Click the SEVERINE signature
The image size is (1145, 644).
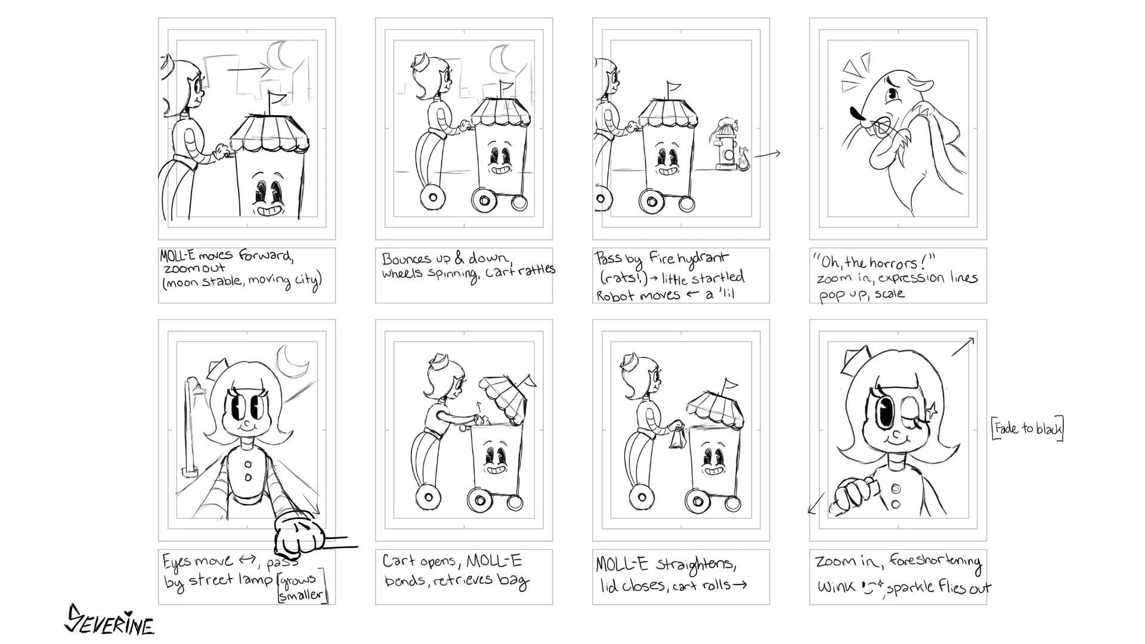(x=109, y=620)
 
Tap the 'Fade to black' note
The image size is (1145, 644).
(x=1028, y=428)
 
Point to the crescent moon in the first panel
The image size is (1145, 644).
(x=278, y=55)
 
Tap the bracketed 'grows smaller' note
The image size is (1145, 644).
(x=303, y=586)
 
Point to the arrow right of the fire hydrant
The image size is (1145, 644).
(x=767, y=155)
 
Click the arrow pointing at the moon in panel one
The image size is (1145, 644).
(x=249, y=69)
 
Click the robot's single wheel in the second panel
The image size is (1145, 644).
(x=432, y=197)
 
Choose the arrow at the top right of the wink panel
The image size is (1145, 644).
(x=963, y=346)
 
